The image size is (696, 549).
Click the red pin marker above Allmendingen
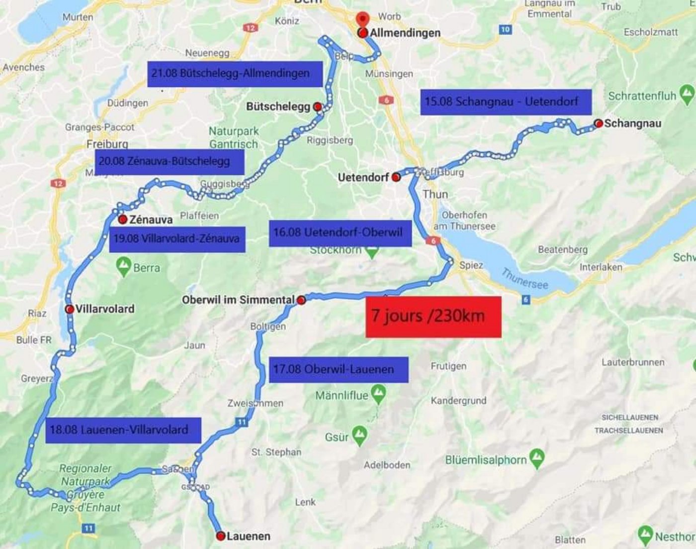[x=363, y=19]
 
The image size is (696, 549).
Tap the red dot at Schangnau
[x=598, y=123]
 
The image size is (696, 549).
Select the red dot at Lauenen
[x=221, y=536]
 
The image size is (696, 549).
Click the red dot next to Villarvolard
[x=70, y=309]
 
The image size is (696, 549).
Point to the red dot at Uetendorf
[x=396, y=177]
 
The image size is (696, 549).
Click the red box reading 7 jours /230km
[x=433, y=317]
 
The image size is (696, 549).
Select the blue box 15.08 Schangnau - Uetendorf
[x=506, y=102]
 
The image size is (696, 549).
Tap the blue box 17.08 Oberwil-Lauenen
[x=338, y=369]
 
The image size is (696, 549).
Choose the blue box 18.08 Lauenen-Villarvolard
[x=123, y=430]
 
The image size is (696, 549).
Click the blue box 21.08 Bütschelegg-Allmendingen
[x=235, y=74]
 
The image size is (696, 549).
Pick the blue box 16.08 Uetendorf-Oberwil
[x=340, y=233]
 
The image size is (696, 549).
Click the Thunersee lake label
[x=524, y=278]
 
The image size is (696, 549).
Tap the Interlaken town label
[x=601, y=267]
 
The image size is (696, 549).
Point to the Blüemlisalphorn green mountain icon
[x=536, y=458]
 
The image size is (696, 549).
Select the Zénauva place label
[x=151, y=220]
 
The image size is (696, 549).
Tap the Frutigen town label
[x=448, y=366]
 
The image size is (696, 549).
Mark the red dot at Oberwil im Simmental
[x=301, y=300]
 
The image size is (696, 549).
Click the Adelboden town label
[x=387, y=465]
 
